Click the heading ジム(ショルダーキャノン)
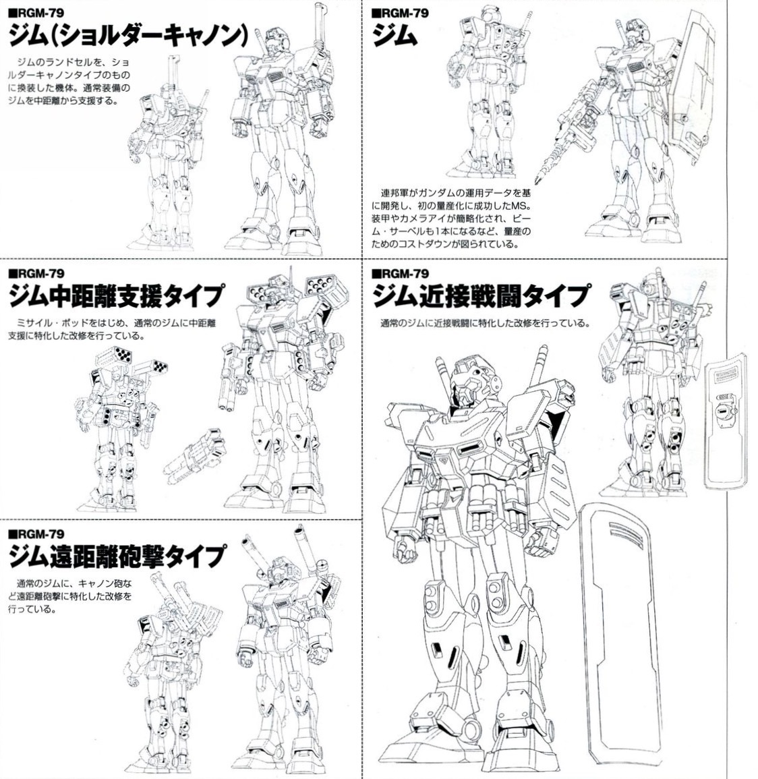click(128, 35)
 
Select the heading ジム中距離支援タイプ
click(117, 296)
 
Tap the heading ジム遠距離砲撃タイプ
click(117, 556)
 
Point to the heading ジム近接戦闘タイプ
click(482, 296)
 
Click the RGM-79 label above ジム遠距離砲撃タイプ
click(37, 534)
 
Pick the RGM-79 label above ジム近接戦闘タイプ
click(400, 274)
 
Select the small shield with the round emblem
click(725, 420)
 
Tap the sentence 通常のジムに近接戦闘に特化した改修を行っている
click(485, 324)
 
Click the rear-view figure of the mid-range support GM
click(120, 427)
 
